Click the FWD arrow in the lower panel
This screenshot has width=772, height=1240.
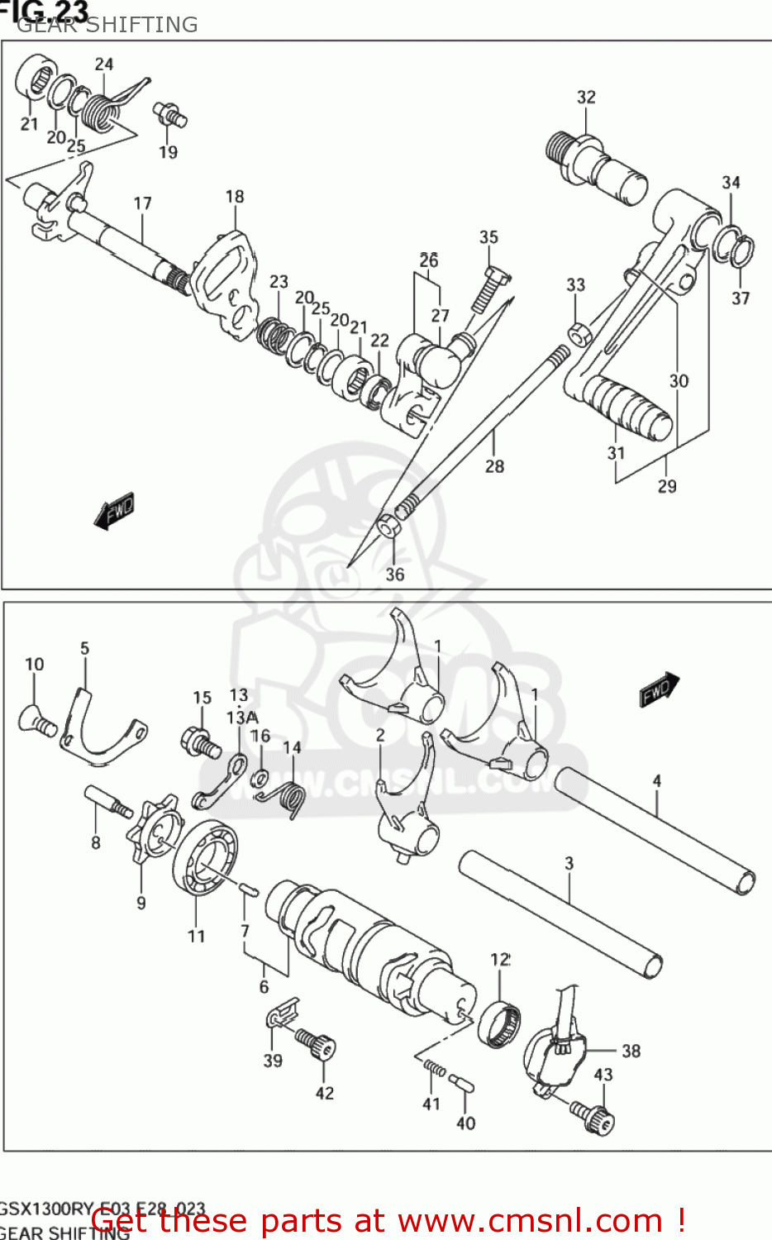659,689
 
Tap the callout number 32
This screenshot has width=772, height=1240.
585,97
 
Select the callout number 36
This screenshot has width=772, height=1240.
394,574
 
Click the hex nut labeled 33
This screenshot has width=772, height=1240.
577,332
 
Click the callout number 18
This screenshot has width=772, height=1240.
235,196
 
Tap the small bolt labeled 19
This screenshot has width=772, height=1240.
169,114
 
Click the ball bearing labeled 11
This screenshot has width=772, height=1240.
205,857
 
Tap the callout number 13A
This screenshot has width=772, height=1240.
242,717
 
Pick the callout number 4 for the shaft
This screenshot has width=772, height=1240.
656,780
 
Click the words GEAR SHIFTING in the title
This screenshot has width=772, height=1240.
107,25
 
